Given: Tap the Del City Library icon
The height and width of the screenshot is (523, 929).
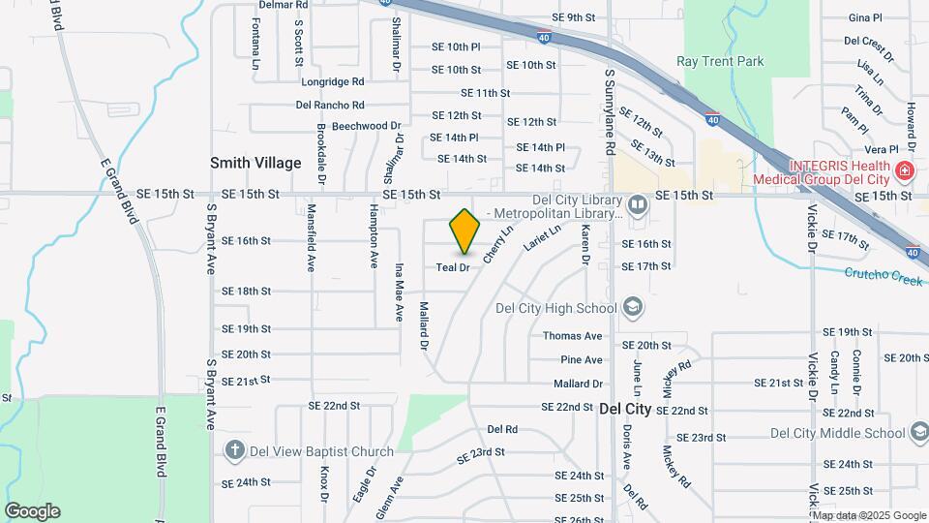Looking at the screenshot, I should [637, 204].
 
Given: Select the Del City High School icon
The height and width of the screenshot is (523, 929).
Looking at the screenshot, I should [633, 308].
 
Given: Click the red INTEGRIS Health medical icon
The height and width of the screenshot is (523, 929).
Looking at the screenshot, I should [905, 171].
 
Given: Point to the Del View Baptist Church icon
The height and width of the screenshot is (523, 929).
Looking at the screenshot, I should [233, 450].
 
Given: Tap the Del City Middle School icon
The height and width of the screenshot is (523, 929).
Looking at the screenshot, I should [914, 433].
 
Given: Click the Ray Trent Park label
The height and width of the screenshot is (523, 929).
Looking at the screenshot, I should [720, 61].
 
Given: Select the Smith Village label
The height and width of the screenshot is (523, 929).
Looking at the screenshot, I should [256, 163].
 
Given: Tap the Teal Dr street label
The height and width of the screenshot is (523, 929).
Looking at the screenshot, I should [452, 267].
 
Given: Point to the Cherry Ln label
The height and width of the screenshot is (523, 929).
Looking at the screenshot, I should [496, 244].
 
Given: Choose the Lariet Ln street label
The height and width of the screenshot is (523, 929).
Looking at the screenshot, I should [542, 239].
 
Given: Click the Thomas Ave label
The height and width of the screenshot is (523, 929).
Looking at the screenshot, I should [572, 336].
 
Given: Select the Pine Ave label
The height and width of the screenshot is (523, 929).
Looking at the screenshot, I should [581, 359].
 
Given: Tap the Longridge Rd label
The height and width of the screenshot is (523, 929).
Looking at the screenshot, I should [332, 82].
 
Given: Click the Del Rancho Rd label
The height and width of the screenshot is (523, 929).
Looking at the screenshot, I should [330, 105].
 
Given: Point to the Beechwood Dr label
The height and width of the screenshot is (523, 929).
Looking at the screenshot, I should [366, 126].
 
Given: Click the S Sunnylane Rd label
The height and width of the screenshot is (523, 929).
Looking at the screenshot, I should [610, 111].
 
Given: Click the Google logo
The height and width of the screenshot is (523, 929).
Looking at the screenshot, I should [32, 511].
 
